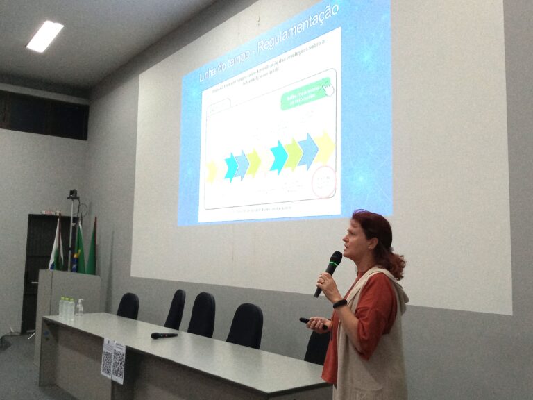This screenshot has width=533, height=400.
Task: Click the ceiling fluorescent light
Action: (x=44, y=36)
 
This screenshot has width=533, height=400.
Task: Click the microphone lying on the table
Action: (x=164, y=335)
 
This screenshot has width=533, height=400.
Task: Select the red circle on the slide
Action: (x=323, y=181)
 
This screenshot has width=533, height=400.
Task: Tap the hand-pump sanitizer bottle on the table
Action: (x=79, y=308)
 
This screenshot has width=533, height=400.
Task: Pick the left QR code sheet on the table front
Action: (x=107, y=358)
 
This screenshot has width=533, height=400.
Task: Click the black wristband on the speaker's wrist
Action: (x=339, y=303)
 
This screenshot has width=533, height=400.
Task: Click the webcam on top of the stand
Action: (x=72, y=195)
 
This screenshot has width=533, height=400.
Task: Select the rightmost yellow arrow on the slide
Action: (x=324, y=148)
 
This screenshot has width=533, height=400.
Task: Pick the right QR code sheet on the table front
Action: (x=119, y=362)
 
